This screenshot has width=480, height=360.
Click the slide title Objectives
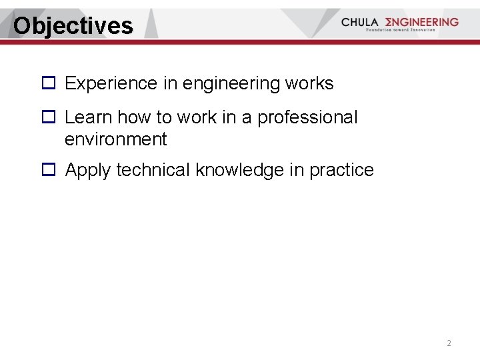[73, 26]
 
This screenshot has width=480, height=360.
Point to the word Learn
[88, 117]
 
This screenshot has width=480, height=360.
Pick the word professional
[307, 117]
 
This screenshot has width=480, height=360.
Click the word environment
[115, 139]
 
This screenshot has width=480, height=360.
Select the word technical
[153, 170]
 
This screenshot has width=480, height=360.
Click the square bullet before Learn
[48, 117]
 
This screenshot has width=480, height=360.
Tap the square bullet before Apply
[48, 170]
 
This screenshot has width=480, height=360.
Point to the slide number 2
[449, 343]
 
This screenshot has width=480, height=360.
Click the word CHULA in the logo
[359, 22]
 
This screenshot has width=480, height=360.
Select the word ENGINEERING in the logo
[419, 22]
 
